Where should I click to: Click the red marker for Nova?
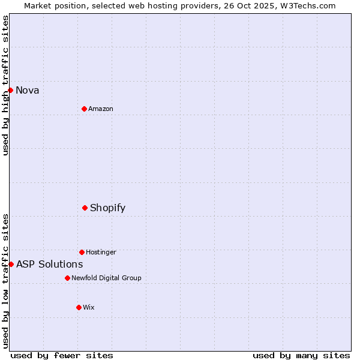(x=10, y=90)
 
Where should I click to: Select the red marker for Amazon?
(x=84, y=109)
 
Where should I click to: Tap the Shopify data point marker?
(x=85, y=208)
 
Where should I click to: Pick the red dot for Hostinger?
(x=82, y=252)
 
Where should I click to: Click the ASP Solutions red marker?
(x=11, y=264)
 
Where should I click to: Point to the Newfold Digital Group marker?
(x=67, y=278)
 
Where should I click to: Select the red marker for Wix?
(x=79, y=307)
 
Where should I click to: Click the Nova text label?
(x=28, y=91)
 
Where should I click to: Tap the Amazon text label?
(x=101, y=109)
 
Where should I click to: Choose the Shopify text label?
(x=108, y=208)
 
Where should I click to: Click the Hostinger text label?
(x=101, y=253)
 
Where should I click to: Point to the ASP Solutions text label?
(x=50, y=265)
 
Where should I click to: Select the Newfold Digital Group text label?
(x=107, y=278)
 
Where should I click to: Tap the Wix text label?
(x=89, y=308)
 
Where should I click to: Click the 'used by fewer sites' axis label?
(x=62, y=355)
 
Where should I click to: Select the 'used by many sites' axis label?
(x=301, y=355)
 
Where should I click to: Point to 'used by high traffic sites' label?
(x=5, y=86)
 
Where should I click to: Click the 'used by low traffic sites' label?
(x=5, y=281)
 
